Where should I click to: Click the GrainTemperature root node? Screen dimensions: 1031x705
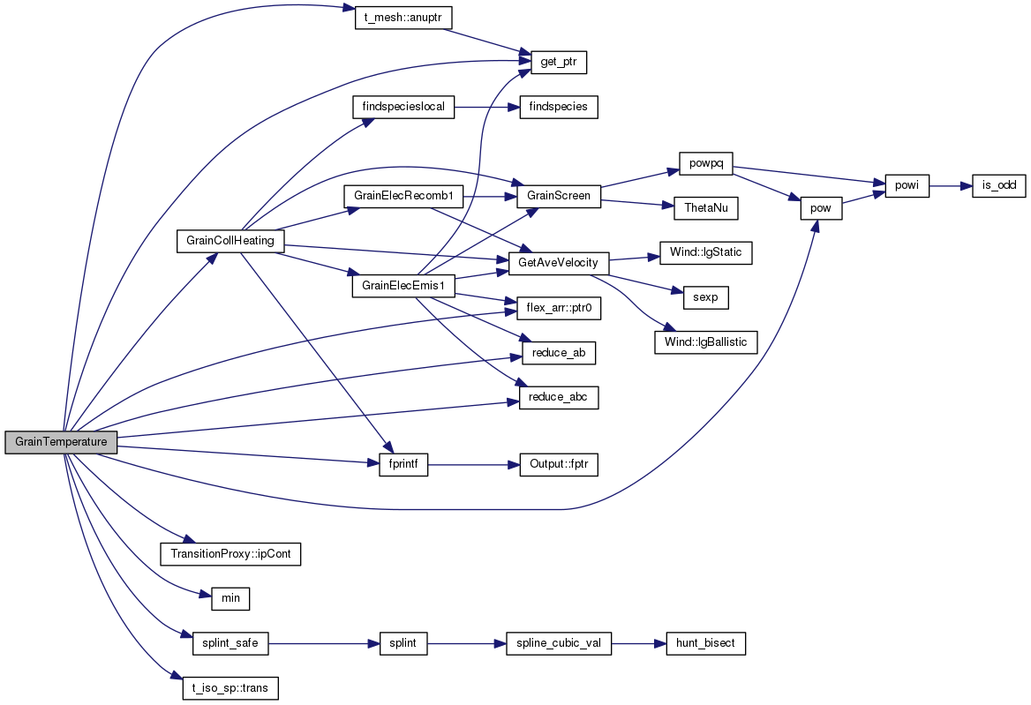pos(61,442)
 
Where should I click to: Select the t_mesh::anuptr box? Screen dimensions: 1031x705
pos(403,17)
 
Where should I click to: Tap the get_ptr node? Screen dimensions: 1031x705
pos(558,62)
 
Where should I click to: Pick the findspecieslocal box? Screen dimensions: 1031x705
pos(403,107)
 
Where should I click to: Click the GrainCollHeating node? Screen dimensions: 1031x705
pos(230,241)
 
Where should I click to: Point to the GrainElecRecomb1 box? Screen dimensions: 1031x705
pos(403,196)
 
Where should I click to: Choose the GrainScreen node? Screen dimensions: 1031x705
pos(559,196)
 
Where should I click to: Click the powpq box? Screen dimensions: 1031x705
pos(706,163)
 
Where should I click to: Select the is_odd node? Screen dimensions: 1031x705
pos(999,186)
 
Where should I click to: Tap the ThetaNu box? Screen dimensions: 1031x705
pos(706,208)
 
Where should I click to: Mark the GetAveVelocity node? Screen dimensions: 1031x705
pos(558,263)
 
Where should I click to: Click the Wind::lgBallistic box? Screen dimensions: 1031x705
pos(706,342)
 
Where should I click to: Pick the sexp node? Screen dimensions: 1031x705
pos(706,297)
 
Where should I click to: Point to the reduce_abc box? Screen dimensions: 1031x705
pos(559,398)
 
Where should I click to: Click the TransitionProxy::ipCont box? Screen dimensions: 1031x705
pos(230,554)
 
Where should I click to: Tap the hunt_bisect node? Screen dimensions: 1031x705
pos(706,643)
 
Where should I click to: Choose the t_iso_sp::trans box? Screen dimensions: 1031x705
pos(230,688)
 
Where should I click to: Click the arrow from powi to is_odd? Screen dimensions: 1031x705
pos(951,186)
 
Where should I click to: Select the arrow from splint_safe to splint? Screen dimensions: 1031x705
pos(324,643)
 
